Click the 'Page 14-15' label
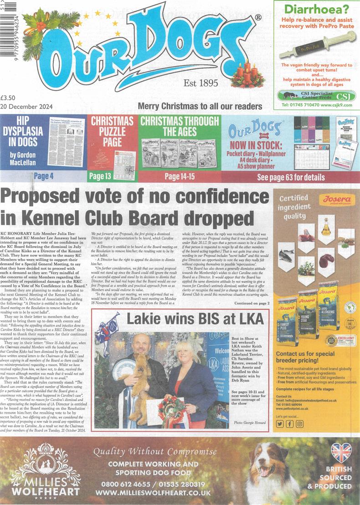click(179, 176)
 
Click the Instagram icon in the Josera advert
click(299, 424)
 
